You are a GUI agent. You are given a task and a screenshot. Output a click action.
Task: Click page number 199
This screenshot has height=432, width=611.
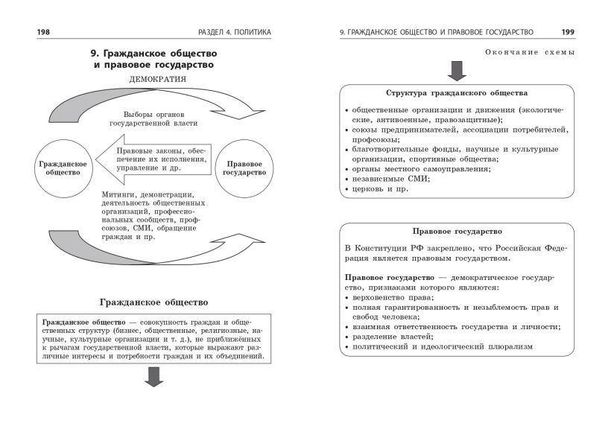[x=567, y=32]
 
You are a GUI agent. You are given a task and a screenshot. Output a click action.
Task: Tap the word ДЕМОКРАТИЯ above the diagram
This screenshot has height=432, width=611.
[x=157, y=78]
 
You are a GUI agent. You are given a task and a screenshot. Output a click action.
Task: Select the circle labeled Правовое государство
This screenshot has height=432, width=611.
[x=244, y=168]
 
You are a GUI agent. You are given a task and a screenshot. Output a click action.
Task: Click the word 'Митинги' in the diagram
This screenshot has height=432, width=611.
[x=118, y=194]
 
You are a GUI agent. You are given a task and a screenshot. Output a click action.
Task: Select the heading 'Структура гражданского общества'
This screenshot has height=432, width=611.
[x=457, y=94]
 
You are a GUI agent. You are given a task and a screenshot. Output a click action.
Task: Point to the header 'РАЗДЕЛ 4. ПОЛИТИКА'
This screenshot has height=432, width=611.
[x=235, y=32]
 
